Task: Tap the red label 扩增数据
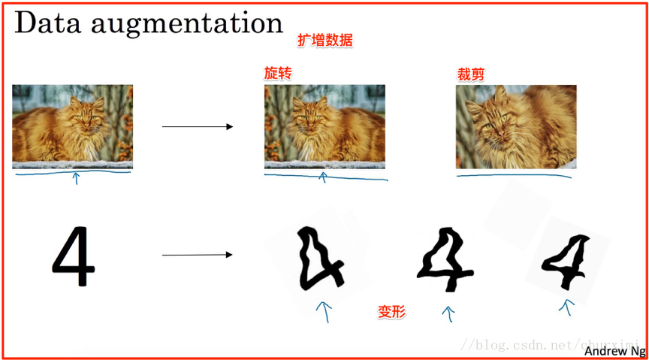[x=325, y=41]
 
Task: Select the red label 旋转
[x=277, y=74]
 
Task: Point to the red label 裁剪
[x=470, y=74]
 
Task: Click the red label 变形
[x=391, y=311]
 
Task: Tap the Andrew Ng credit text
[x=614, y=350]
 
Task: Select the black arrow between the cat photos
[x=198, y=126]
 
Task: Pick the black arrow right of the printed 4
[x=198, y=255]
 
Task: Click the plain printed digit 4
[x=73, y=258]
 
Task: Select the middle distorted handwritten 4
[x=448, y=262]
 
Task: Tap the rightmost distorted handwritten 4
[x=567, y=264]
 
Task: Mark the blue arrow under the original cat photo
[x=75, y=177]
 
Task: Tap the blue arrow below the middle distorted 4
[x=449, y=313]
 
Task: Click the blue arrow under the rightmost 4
[x=567, y=306]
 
